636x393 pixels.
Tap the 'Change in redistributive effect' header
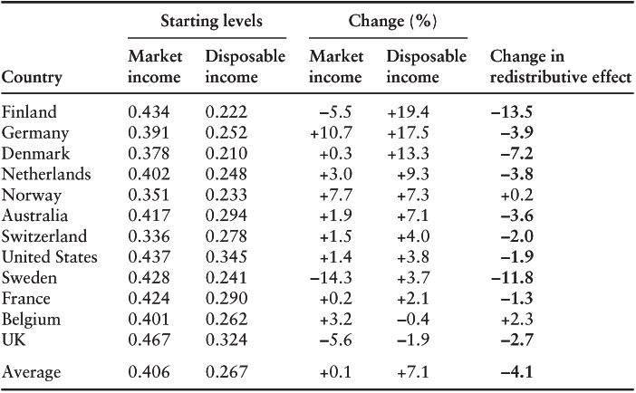tap(559, 67)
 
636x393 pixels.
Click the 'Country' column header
tap(32, 78)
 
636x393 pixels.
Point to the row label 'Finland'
tap(30, 112)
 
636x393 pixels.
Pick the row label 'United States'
tap(49, 258)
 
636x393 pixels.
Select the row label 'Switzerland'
tap(44, 237)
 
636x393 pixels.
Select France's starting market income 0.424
tap(149, 300)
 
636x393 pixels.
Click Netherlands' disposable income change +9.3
tap(415, 175)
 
